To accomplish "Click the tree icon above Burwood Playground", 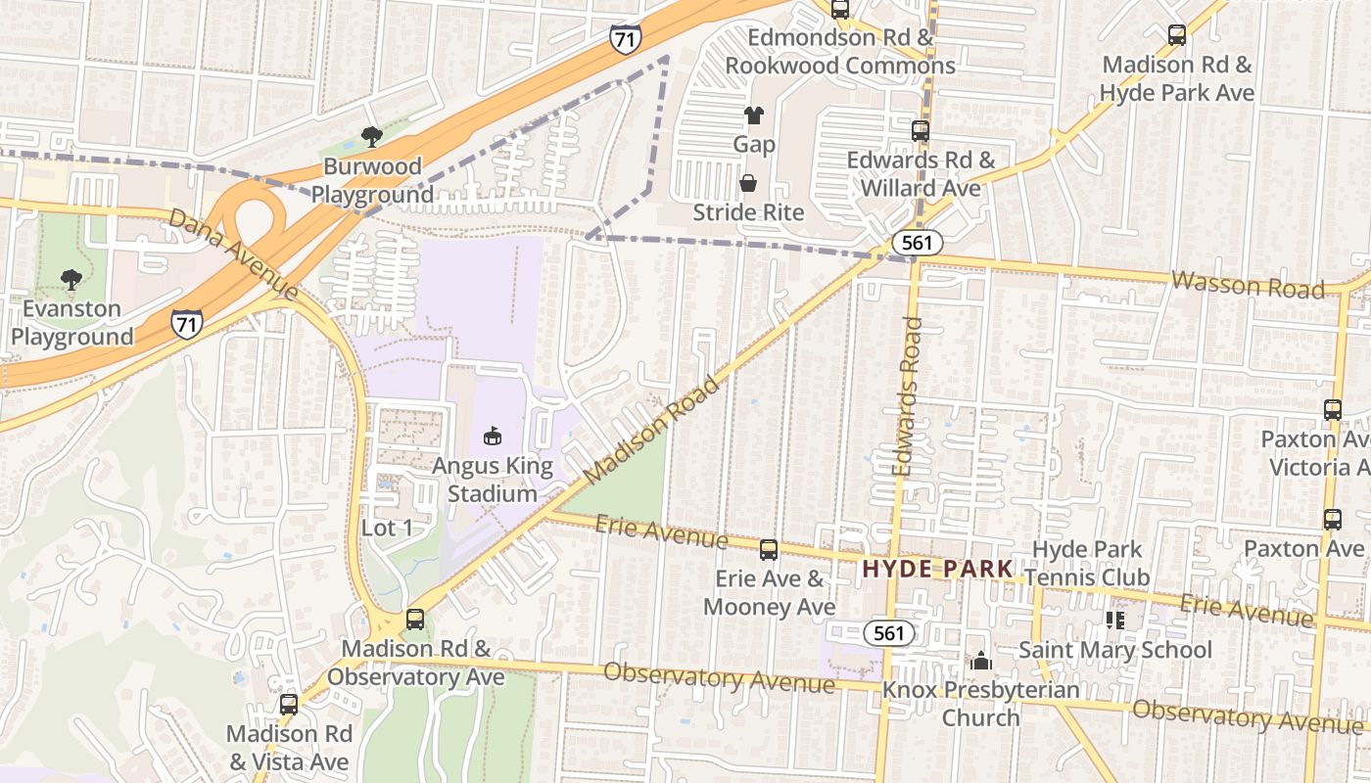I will tap(371, 137).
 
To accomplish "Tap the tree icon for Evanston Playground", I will tap(71, 280).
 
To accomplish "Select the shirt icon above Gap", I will tap(753, 115).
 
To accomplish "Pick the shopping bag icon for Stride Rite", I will tap(748, 183).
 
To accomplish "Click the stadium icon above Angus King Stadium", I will tap(492, 437).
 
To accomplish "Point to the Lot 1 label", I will tap(387, 529).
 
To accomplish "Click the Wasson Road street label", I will tap(1248, 285).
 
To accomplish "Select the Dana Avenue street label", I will tap(232, 253).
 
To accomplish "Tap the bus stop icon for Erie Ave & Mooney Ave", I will tap(769, 550).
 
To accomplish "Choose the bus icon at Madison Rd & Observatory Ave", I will tap(415, 620).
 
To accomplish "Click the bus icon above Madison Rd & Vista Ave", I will tap(289, 705).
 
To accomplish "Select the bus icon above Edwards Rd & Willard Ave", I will tap(921, 130).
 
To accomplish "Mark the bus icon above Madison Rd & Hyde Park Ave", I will tap(1177, 35).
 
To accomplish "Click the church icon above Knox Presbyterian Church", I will tap(981, 662).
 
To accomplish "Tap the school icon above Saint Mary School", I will tap(1114, 620).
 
